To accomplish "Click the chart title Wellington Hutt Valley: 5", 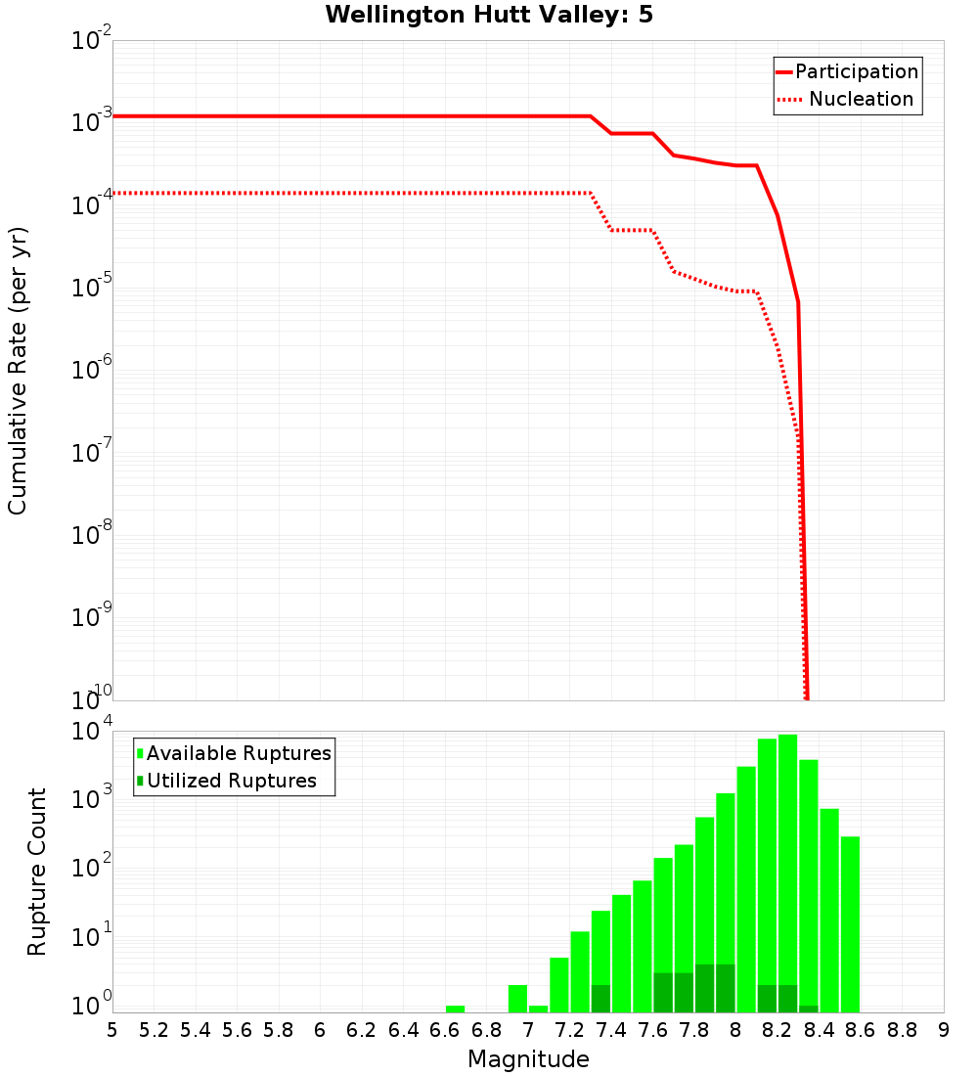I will (x=489, y=15).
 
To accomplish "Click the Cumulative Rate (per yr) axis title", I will (x=18, y=370).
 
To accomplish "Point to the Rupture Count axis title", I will (x=37, y=872).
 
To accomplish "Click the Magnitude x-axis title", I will (x=528, y=1059).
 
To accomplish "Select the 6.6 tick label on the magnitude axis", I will (x=445, y=1030).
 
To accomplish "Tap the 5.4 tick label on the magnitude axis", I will (x=196, y=1030).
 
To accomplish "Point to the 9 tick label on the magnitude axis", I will (x=944, y=1030).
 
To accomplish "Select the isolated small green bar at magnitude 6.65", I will (x=455, y=1009).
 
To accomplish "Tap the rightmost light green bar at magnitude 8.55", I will (x=850, y=924).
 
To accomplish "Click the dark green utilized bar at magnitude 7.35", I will (x=600, y=999).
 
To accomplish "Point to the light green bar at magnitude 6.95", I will (x=517, y=999).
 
